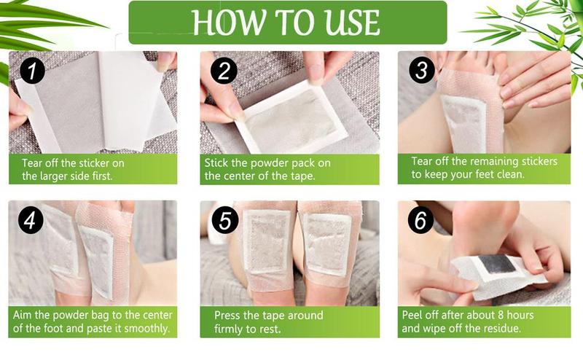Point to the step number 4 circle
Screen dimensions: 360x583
[31, 222]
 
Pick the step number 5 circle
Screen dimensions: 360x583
[222, 222]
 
